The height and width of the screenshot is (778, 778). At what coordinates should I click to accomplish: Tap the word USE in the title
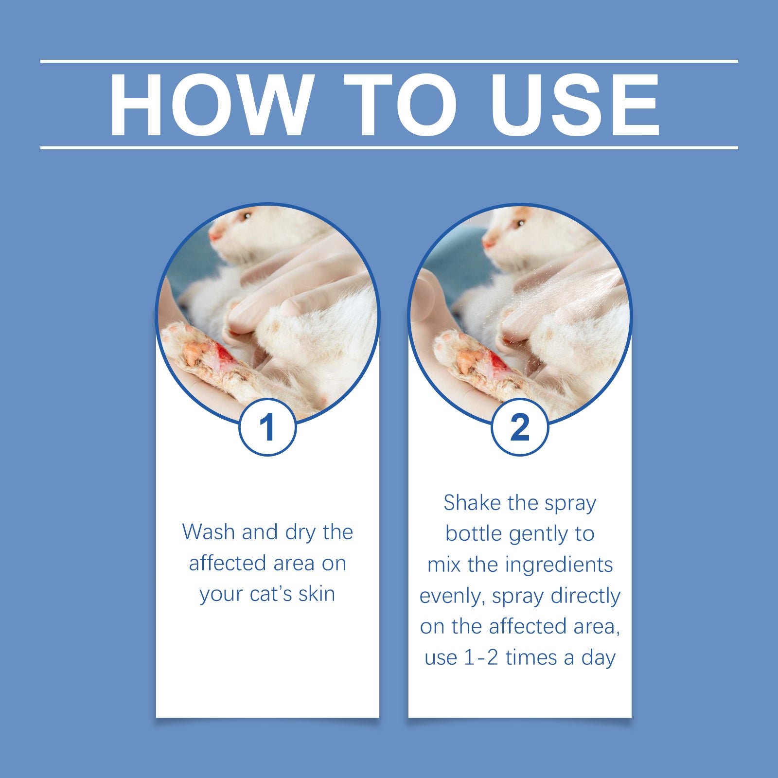coord(575,105)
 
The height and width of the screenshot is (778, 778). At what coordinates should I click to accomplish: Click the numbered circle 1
coord(267,427)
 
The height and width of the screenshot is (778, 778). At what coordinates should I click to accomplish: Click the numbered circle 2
coord(520,427)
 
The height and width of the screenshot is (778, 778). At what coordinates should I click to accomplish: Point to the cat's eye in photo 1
coord(247,215)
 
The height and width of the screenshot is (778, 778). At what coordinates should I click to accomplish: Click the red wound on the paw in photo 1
coord(225,354)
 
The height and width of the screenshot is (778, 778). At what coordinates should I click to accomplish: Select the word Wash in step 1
coord(209,532)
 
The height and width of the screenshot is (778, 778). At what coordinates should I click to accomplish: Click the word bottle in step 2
coord(473,534)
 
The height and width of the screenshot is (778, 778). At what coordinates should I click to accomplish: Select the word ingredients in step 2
coord(559,565)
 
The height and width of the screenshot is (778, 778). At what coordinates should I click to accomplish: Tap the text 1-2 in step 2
coord(481,658)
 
